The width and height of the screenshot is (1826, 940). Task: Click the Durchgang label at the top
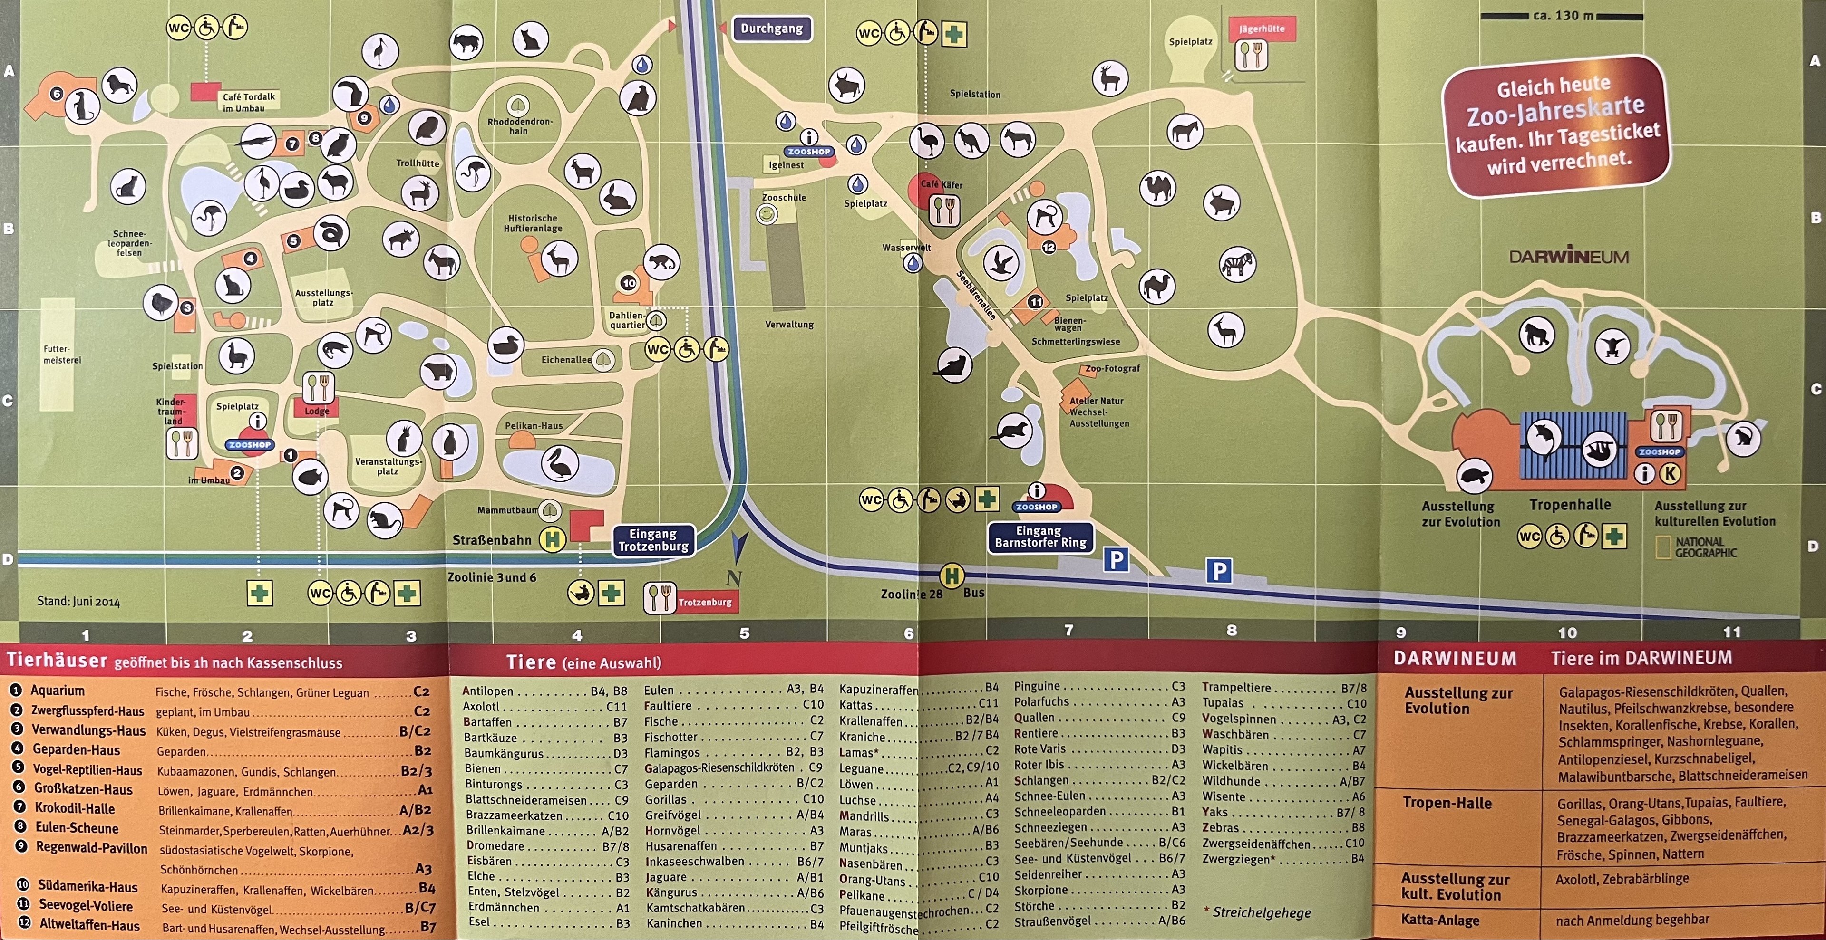click(x=771, y=29)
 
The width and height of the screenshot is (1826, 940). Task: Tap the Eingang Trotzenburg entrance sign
click(x=653, y=540)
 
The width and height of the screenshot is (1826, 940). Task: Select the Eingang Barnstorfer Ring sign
click(x=1040, y=537)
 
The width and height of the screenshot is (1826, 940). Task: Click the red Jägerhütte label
click(x=1261, y=29)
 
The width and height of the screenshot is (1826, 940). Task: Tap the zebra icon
click(x=1237, y=265)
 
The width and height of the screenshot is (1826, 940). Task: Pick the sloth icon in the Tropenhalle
click(x=1599, y=450)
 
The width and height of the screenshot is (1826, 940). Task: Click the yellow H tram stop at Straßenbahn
click(x=552, y=540)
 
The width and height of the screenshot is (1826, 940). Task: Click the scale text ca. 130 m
click(x=1562, y=15)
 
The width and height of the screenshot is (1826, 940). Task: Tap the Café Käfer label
click(x=942, y=184)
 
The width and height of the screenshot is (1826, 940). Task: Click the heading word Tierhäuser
click(x=57, y=661)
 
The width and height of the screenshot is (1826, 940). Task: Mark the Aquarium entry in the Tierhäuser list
click(x=58, y=691)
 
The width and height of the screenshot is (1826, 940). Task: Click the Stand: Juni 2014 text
click(x=78, y=602)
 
